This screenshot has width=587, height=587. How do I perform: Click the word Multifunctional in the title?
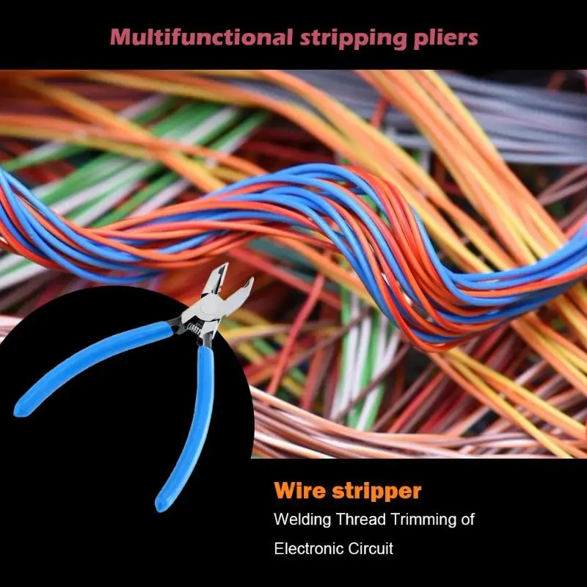pos(201,37)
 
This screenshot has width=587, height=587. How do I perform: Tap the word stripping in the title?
pos(353,39)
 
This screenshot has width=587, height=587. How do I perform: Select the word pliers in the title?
pos(446,39)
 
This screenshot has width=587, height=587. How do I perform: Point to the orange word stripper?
pos(376,492)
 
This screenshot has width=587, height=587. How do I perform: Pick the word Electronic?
pos(309,548)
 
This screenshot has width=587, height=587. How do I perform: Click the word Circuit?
pos(371,548)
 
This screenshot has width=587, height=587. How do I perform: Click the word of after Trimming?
pos(467,519)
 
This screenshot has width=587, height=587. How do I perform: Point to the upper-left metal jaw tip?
pos(225,265)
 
